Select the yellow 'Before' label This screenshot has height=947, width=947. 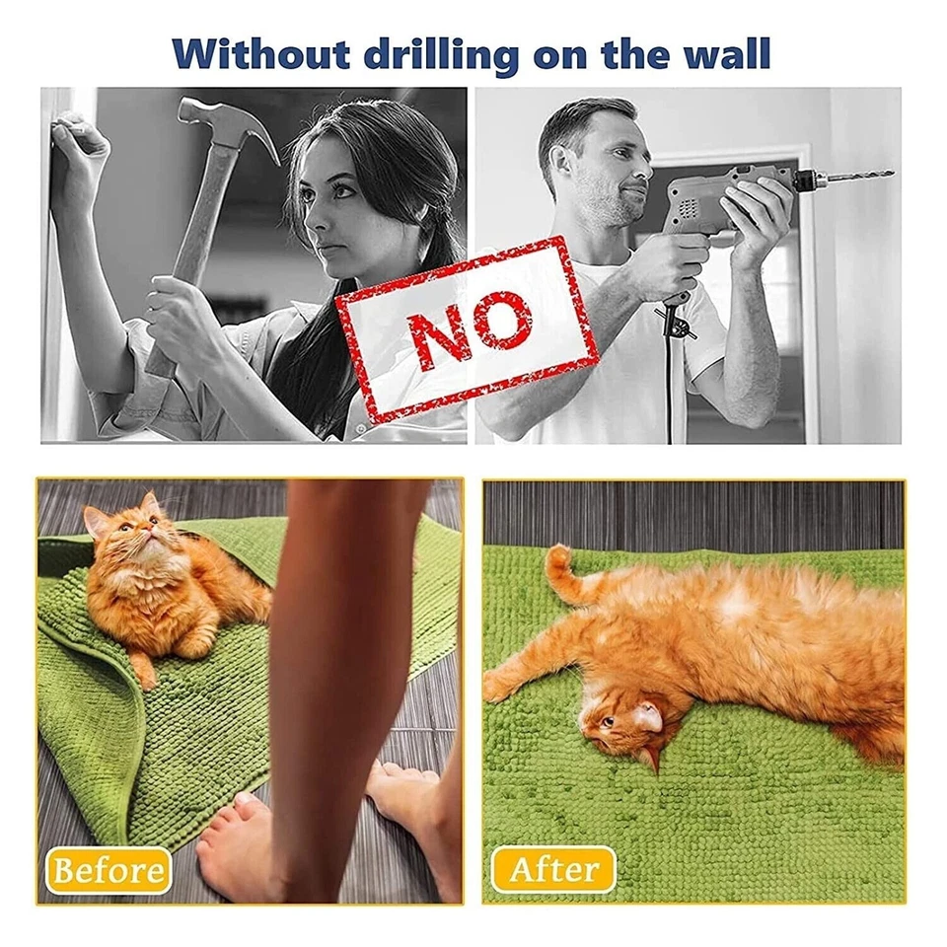109,869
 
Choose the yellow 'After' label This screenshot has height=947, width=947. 553,869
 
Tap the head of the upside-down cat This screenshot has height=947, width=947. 617,725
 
